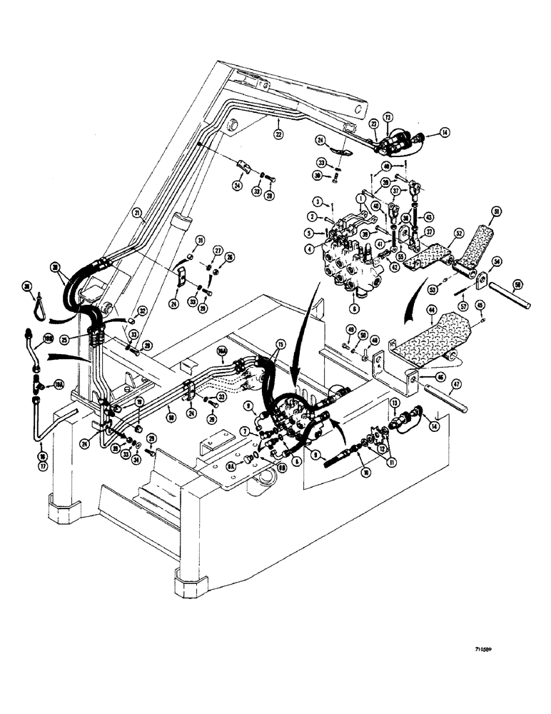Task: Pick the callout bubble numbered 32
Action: point(142,311)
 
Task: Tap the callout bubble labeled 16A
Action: point(223,351)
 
